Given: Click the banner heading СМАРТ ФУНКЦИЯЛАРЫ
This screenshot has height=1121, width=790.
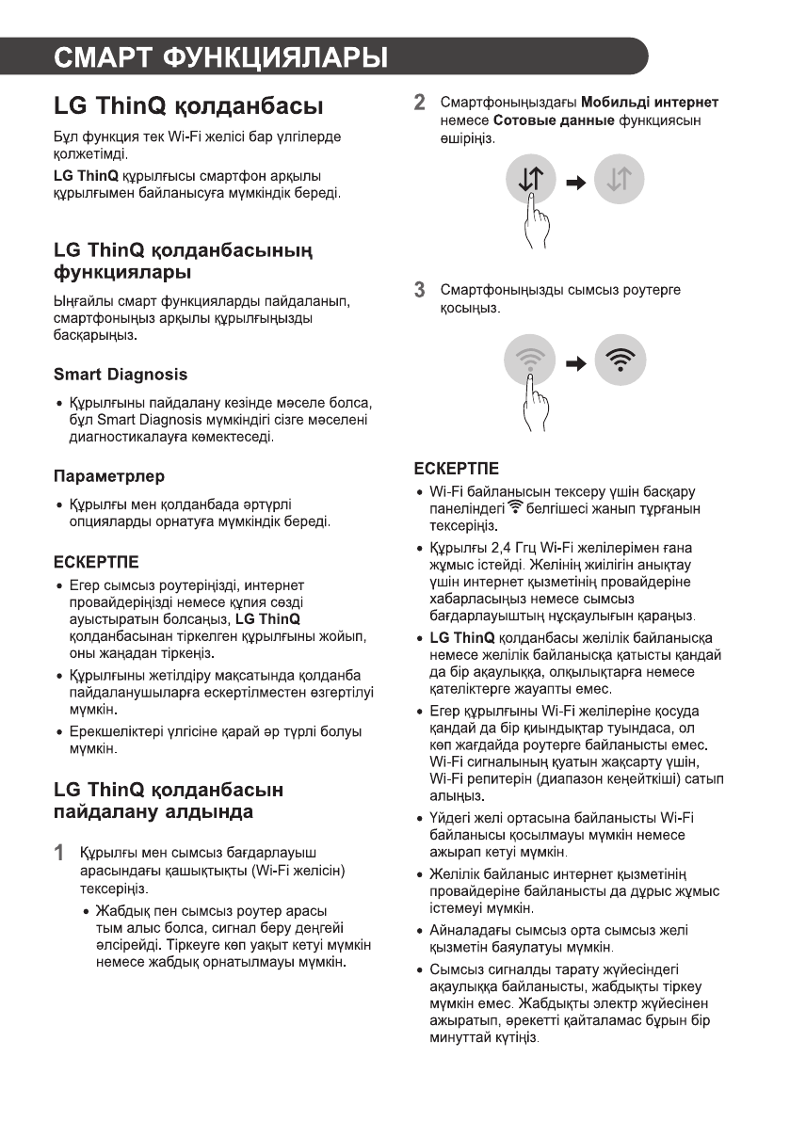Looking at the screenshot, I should point(220,57).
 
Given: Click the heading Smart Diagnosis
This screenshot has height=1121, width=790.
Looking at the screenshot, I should point(120,375).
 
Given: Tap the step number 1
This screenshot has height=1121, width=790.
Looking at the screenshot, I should point(58,855).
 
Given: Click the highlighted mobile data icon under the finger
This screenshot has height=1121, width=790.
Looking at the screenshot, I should point(532,178).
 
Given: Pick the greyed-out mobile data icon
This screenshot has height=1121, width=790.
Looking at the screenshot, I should point(619,179).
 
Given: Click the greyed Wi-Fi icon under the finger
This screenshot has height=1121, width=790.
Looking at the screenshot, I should point(530,359).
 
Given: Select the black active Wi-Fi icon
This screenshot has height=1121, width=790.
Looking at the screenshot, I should point(620,359).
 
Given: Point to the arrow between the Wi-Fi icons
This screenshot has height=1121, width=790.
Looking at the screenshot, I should point(575,360).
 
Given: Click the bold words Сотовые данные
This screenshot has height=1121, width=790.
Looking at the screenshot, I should point(538,120).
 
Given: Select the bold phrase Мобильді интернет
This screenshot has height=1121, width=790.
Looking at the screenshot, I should point(650,102).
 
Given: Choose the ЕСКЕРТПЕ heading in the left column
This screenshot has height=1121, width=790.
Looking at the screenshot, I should point(96,563).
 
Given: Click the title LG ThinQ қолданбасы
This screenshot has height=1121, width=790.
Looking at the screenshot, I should point(188,105).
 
